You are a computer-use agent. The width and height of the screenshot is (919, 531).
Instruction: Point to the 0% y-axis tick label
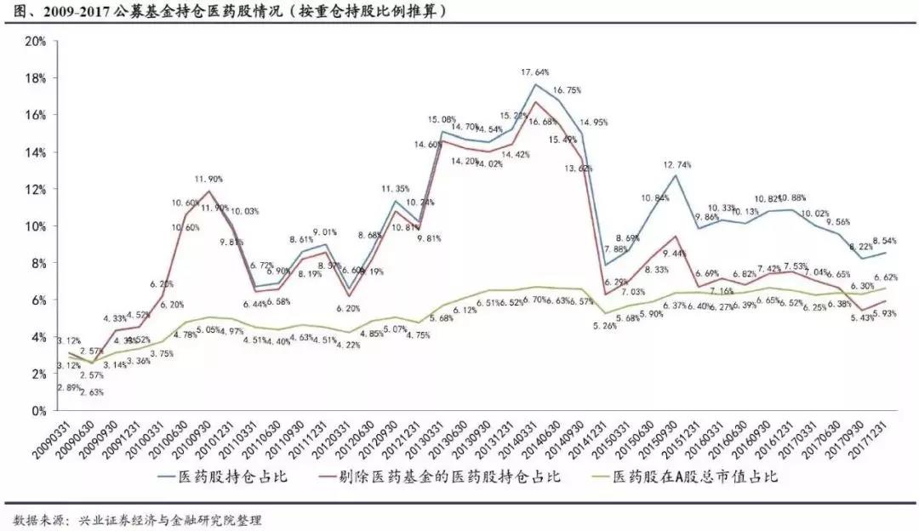tap(37, 410)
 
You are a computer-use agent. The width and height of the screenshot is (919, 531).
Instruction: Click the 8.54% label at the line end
tap(885, 241)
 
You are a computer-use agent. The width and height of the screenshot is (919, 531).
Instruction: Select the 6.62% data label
tap(885, 277)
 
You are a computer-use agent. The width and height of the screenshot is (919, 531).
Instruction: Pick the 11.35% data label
tap(397, 189)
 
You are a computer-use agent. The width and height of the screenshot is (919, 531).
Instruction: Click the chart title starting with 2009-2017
tap(230, 11)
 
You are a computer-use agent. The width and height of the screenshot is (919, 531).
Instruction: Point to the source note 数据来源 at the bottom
tap(136, 518)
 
